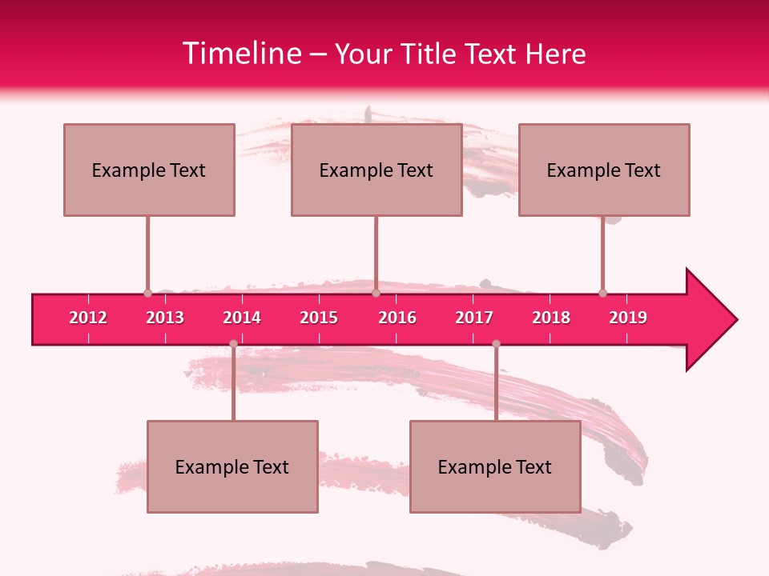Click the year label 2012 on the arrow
tap(88, 318)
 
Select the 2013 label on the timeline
tap(165, 318)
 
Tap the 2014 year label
tap(242, 318)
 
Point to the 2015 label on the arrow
tap(319, 318)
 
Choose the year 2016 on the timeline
tap(397, 318)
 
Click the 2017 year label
tap(474, 318)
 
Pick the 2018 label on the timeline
tap(551, 318)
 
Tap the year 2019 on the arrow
tap(628, 318)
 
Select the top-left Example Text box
tap(149, 170)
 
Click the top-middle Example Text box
tap(376, 170)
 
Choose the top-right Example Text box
tap(604, 170)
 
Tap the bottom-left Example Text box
tap(232, 466)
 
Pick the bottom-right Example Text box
tap(495, 466)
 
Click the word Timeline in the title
tap(241, 54)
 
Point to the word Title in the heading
tap(431, 54)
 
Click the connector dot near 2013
tap(147, 294)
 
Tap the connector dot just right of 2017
tap(496, 344)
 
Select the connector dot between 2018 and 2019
tap(602, 294)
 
